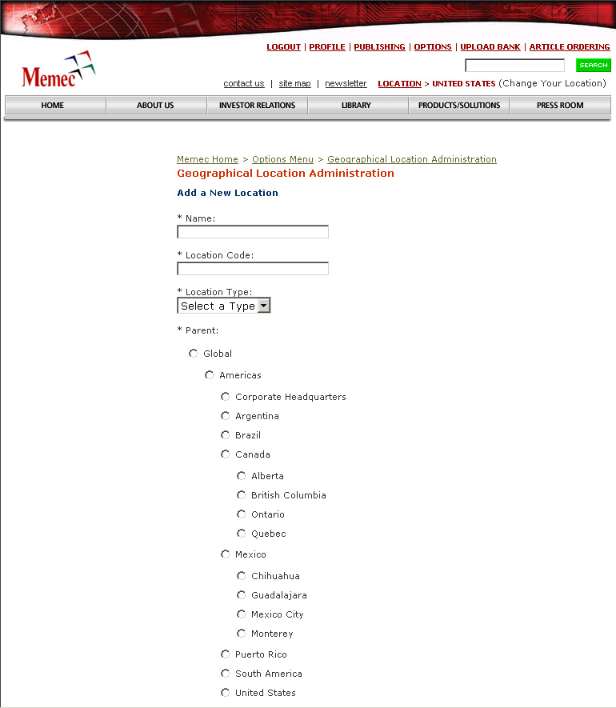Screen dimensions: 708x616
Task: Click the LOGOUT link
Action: tap(283, 47)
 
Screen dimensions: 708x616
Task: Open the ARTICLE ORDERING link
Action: tap(570, 47)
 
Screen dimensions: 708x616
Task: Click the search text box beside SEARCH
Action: tap(514, 66)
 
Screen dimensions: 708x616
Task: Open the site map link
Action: tap(294, 83)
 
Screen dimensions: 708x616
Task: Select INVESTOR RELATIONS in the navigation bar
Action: tap(257, 106)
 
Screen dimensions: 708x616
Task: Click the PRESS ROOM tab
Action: tap(560, 106)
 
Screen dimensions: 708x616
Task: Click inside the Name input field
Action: tap(252, 232)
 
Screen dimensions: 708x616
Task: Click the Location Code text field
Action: tap(252, 269)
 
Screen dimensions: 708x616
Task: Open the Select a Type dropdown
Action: tap(224, 306)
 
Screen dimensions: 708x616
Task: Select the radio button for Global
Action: tap(193, 354)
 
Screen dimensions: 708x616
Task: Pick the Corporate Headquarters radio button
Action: tap(225, 397)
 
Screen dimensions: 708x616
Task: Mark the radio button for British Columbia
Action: tap(241, 495)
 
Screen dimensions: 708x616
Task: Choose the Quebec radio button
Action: tap(241, 534)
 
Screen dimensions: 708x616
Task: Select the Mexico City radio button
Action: tap(241, 614)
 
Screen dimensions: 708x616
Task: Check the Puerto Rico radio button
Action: tap(225, 654)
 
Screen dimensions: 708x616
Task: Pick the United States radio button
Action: tap(225, 693)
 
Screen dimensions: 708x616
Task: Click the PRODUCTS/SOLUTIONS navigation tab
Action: tap(459, 106)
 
